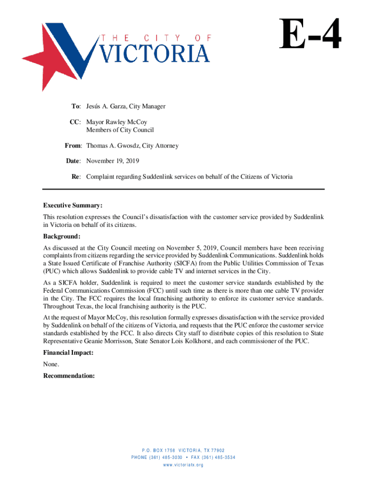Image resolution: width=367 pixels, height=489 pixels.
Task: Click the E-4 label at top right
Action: point(311,34)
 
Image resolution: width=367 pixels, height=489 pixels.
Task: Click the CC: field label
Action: point(76,122)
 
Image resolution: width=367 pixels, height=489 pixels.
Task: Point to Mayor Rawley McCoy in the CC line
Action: point(117,122)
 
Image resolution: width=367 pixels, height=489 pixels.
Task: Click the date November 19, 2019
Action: point(112,161)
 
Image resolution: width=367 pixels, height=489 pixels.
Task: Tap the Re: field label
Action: point(76,177)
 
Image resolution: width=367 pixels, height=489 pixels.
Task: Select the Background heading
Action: point(61,237)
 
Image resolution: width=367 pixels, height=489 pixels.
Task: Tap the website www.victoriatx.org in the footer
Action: point(183,465)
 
